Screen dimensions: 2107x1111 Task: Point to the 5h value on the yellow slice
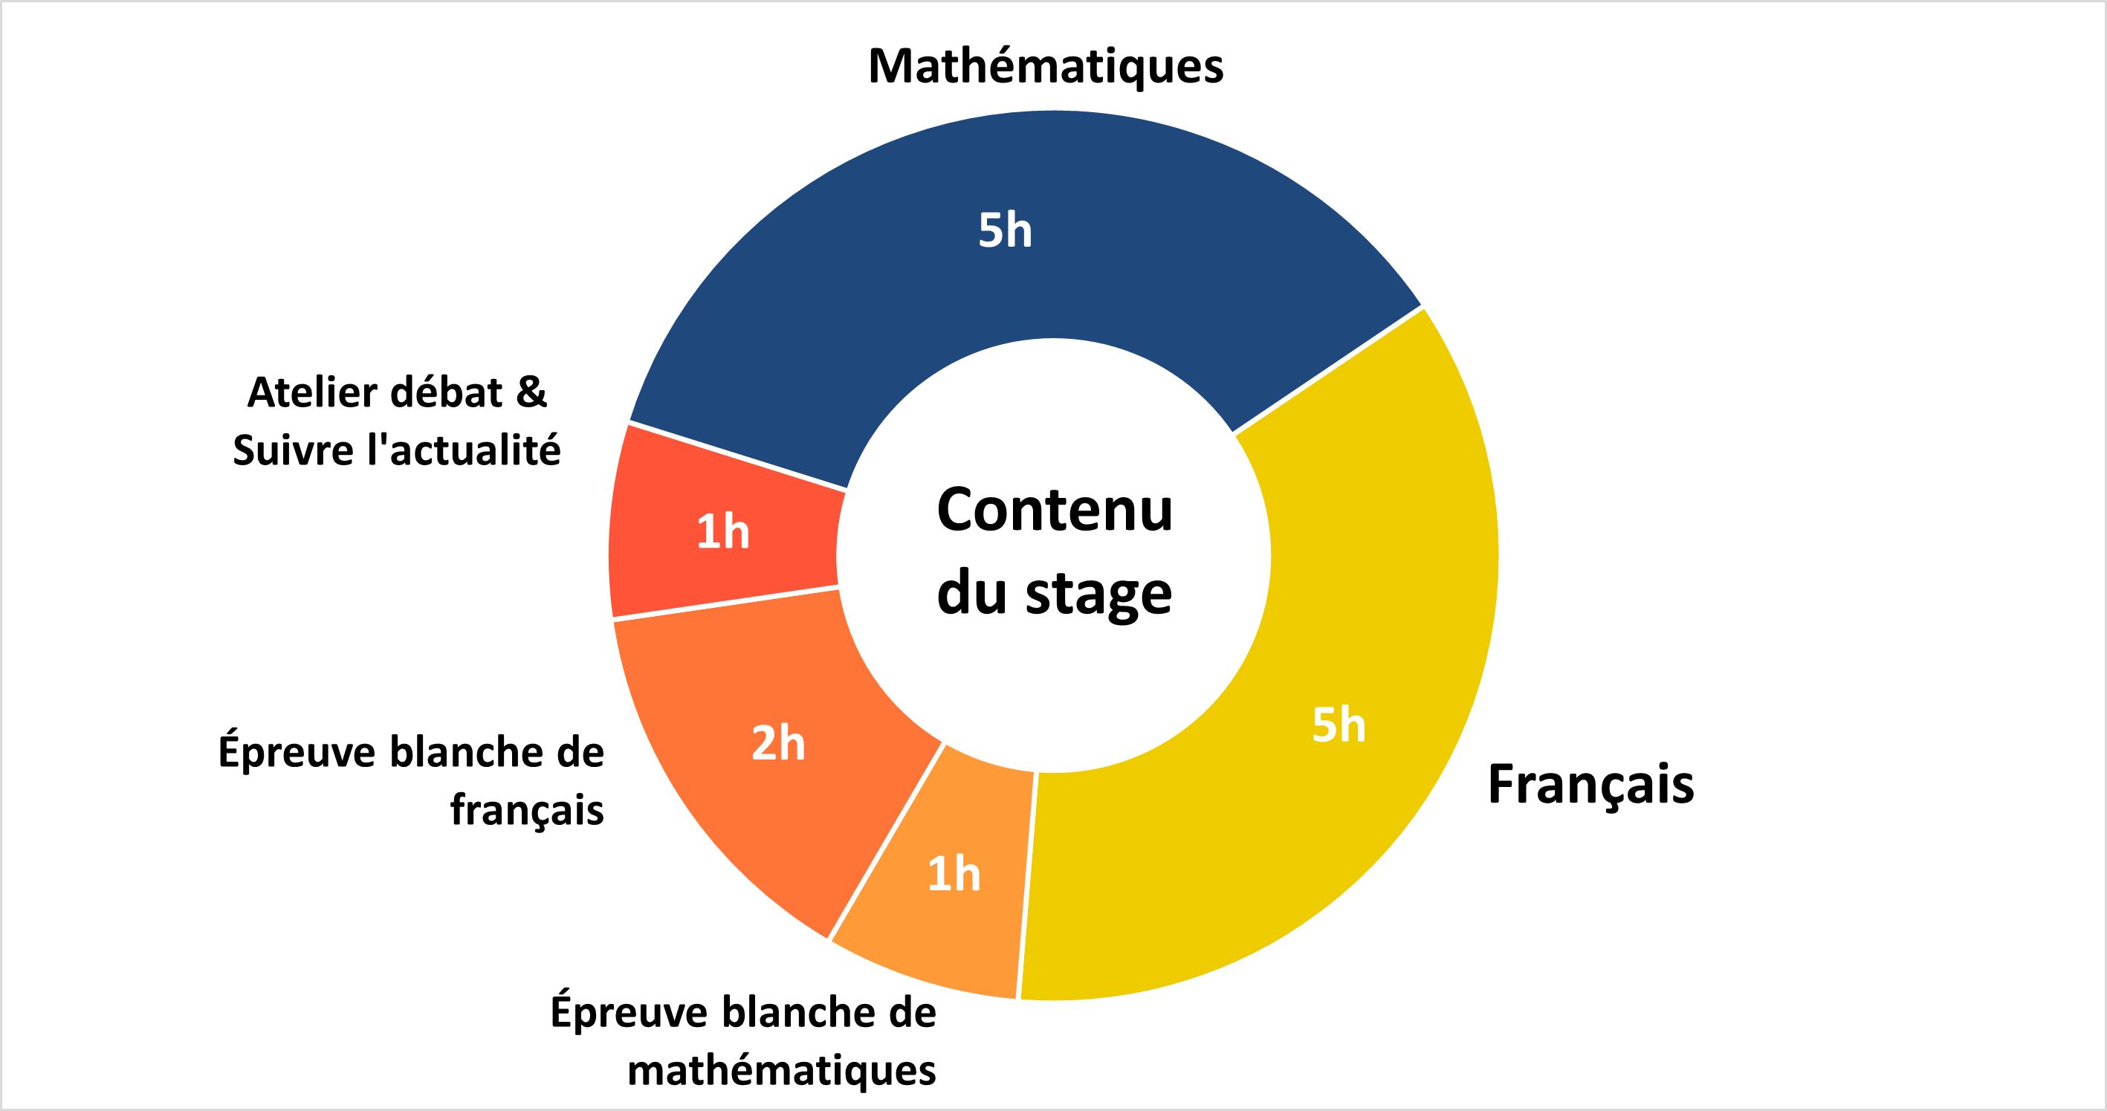pos(1339,724)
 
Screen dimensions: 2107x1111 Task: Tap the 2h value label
pos(778,743)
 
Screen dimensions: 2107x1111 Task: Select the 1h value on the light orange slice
pos(954,873)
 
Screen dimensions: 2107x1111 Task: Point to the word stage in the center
pos(1098,594)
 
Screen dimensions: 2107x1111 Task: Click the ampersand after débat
pos(531,392)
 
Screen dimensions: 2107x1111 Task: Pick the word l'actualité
pos(464,450)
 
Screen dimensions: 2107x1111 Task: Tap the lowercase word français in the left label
pos(527,811)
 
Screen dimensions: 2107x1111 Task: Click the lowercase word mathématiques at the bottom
pos(781,1071)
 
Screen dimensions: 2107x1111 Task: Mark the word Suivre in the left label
pos(294,450)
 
